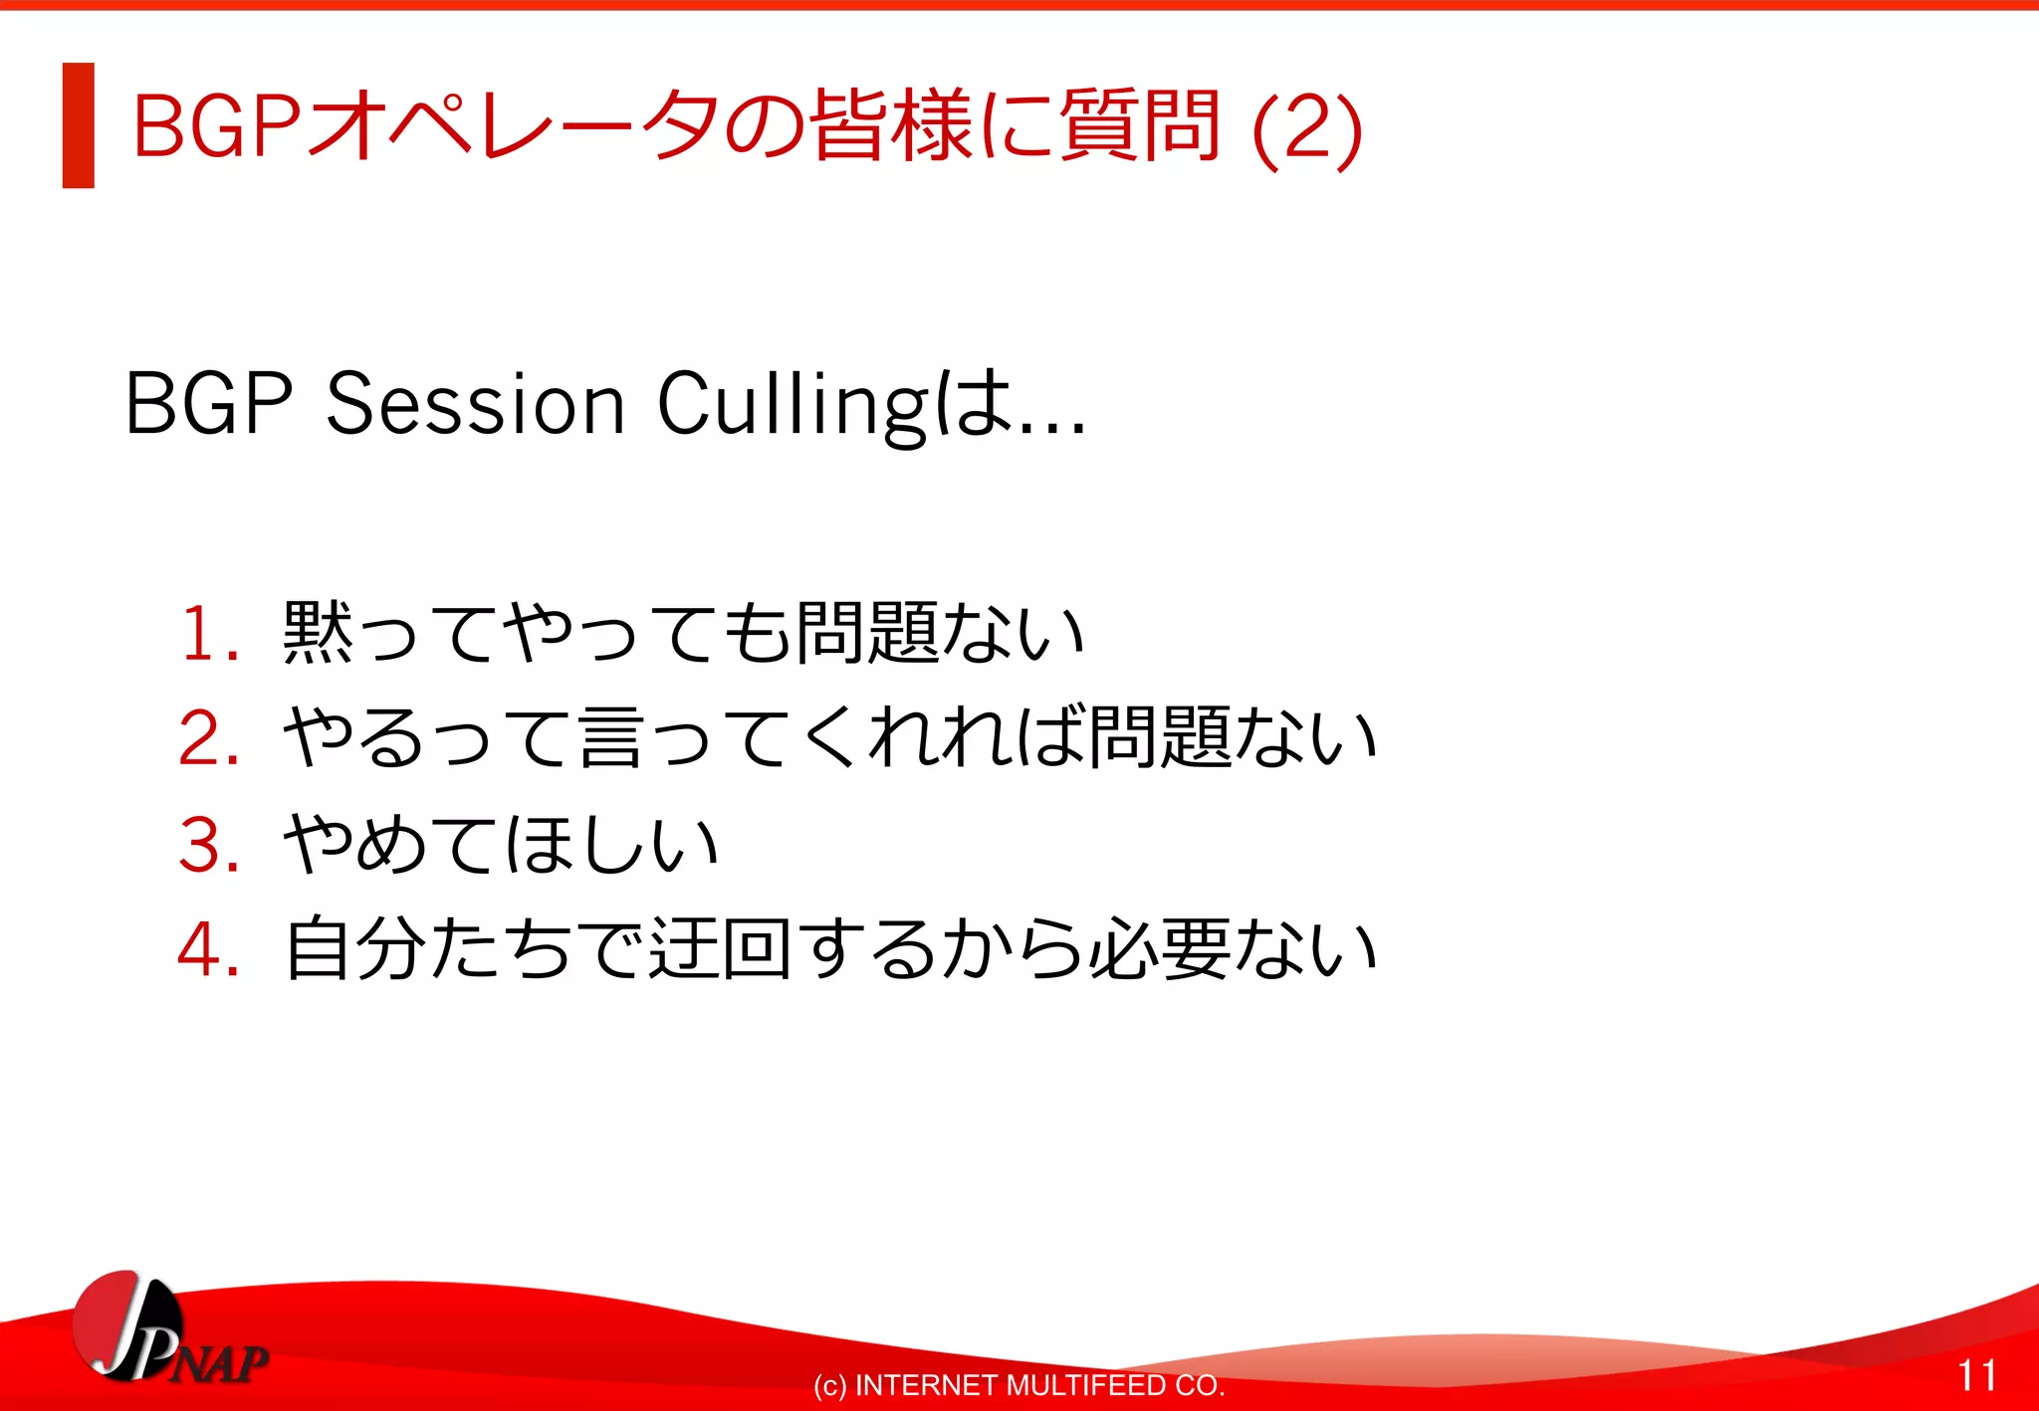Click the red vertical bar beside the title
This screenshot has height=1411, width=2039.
78,125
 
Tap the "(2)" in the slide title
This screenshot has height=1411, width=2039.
1306,127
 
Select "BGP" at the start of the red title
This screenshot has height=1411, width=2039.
216,127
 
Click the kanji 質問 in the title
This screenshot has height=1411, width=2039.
1139,125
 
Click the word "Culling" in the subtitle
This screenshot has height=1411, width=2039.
792,406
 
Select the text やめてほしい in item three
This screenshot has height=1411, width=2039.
501,845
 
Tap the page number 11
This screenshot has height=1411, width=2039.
1977,1376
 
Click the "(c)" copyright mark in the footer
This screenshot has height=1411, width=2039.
829,1386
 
